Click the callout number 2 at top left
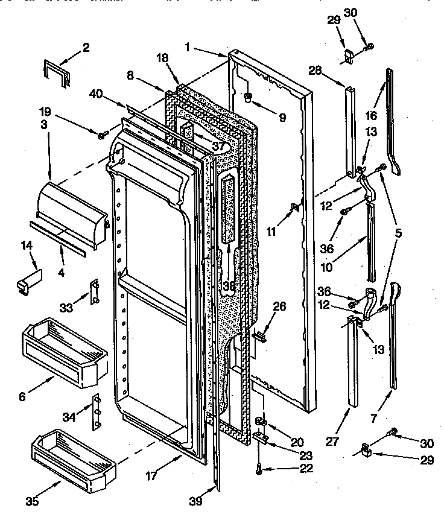pyautogui.click(x=86, y=48)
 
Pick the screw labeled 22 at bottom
pyautogui.click(x=259, y=467)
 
